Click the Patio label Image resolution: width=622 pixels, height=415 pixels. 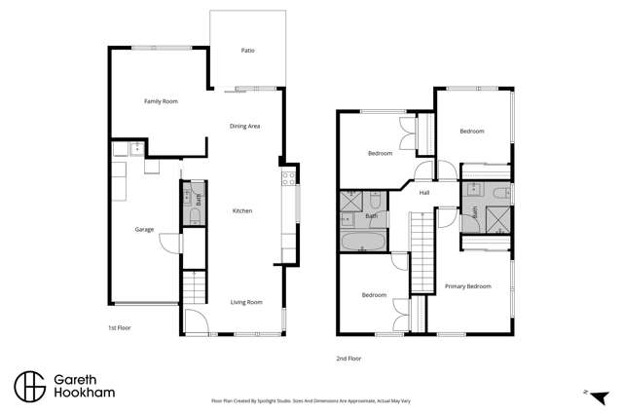pos(248,50)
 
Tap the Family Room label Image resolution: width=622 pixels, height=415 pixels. pos(161,101)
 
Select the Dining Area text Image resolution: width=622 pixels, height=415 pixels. pos(244,126)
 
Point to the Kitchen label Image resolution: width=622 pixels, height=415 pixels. pos(242,210)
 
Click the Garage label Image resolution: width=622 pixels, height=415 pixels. pos(145,230)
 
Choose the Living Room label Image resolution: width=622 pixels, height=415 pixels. pos(246,302)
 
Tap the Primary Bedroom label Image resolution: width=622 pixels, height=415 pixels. pos(467,286)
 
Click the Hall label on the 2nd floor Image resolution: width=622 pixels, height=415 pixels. pos(424,193)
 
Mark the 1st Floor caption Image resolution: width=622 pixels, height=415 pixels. pos(119,328)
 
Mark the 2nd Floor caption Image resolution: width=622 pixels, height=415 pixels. pos(348,358)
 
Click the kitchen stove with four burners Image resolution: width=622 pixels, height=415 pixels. pos(288,178)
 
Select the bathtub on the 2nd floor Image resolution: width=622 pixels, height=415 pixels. pos(362,243)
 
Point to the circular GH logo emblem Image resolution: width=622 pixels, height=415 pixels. pos(28,386)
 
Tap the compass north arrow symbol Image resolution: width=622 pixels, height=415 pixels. pos(586,394)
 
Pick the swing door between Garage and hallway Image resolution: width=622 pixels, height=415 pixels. pos(169,243)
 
